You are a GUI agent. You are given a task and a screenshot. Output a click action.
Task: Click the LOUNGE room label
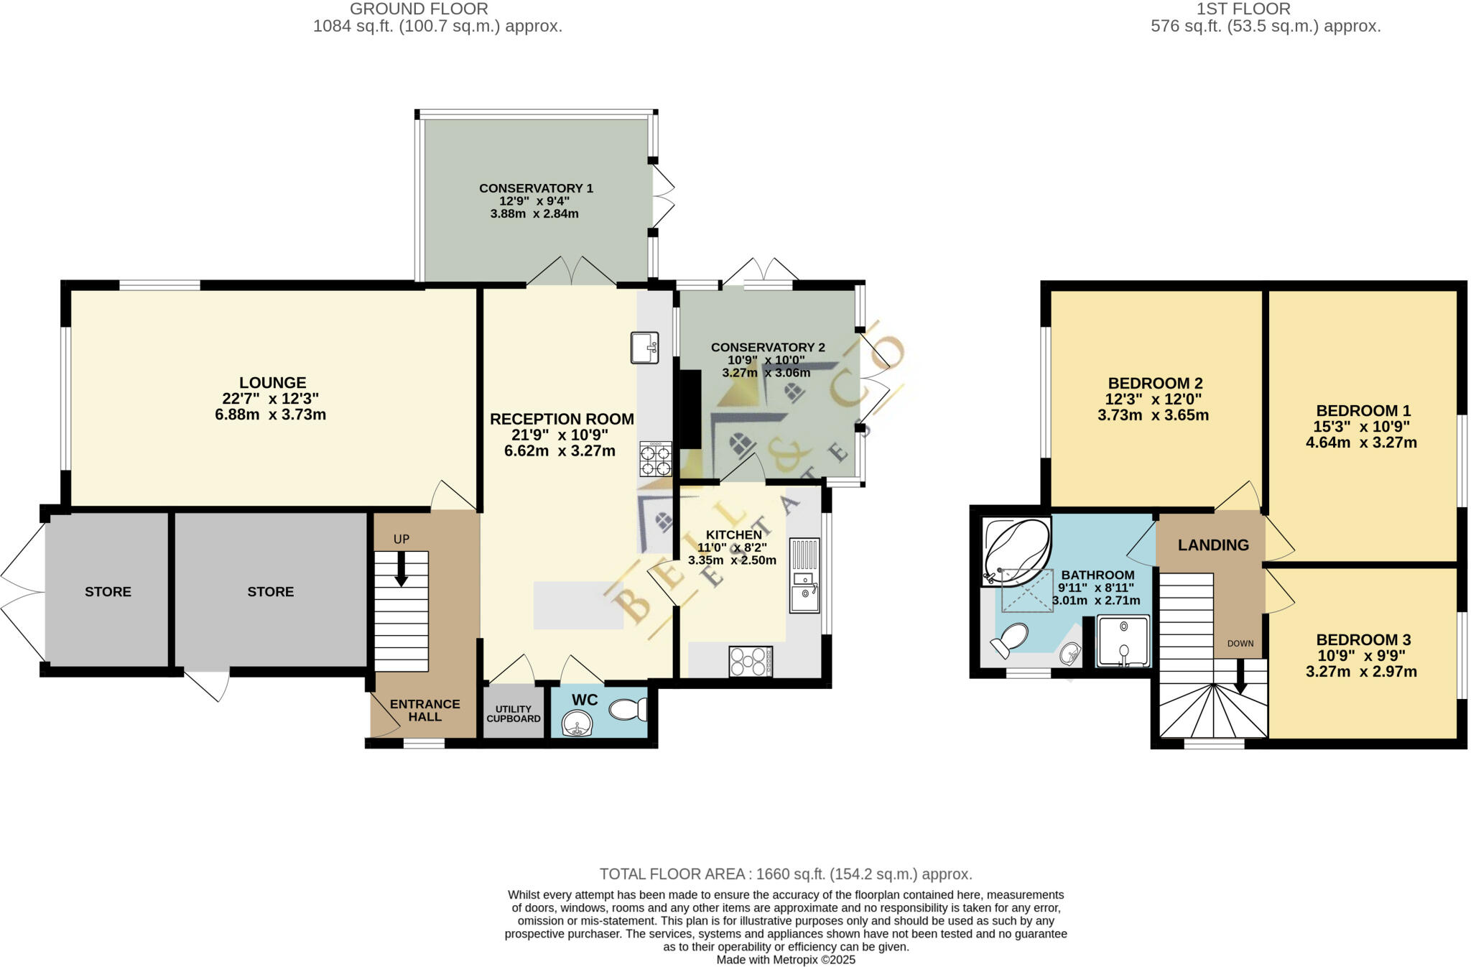coord(272,383)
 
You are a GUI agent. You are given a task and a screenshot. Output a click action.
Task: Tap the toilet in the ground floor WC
coord(628,710)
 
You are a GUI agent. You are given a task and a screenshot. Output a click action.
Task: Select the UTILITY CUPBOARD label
coord(513,713)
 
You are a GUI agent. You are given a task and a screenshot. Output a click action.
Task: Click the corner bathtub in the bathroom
coord(1016,550)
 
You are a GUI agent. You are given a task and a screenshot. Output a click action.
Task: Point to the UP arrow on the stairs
coord(401,568)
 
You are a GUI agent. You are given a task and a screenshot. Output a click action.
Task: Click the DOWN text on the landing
coord(1240,644)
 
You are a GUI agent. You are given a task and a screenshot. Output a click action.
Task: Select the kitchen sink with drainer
coord(804,575)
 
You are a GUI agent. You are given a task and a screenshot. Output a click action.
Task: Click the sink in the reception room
coord(644,348)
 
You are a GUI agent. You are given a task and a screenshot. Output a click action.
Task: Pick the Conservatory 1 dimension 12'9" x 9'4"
coord(536,201)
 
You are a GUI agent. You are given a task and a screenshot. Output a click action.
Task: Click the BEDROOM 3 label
coord(1363,639)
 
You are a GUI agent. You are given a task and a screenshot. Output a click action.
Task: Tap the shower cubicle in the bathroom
coord(1123,641)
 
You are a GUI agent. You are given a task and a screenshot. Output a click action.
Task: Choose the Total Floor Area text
coord(785,874)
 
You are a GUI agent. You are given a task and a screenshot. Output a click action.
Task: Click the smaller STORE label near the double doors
coord(108,592)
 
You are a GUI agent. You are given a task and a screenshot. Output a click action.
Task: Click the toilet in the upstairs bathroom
coord(1011,639)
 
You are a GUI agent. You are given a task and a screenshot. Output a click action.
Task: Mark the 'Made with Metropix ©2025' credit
coord(785,960)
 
